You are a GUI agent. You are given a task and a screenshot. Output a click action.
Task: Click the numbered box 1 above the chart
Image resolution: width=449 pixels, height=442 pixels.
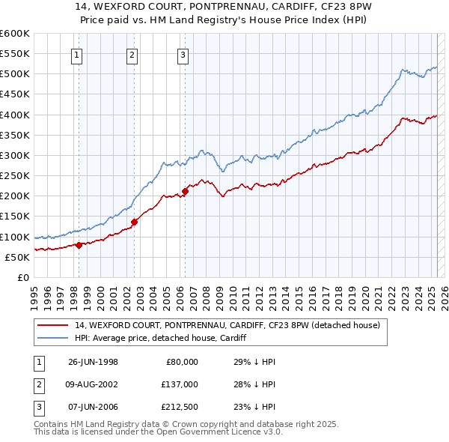click(78, 54)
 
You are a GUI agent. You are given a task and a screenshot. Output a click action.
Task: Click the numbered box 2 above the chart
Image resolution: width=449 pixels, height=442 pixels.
click(132, 54)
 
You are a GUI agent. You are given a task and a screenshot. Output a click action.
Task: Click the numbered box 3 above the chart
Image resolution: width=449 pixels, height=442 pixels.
click(183, 54)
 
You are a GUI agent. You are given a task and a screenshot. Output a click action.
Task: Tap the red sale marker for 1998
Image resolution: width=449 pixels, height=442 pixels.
click(79, 244)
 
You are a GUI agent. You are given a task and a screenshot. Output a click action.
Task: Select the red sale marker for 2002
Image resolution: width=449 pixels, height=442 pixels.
click(134, 221)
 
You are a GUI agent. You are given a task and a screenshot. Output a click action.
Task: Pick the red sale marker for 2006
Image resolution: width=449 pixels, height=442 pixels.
click(185, 191)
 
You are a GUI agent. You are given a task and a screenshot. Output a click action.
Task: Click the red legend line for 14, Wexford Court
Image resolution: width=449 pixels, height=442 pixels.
click(53, 325)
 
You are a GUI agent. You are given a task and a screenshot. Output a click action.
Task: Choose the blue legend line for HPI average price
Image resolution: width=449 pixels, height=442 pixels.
click(53, 338)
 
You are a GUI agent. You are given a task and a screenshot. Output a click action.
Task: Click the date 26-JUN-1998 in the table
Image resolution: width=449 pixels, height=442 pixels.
click(93, 361)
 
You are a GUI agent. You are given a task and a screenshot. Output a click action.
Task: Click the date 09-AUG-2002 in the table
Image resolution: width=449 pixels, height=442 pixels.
click(94, 384)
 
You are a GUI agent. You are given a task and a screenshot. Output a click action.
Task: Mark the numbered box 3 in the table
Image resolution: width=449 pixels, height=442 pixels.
click(38, 408)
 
